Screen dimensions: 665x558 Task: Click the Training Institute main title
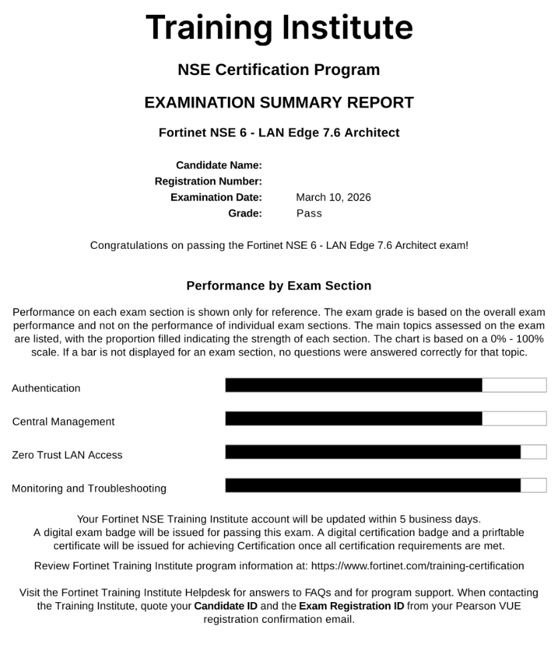(279, 28)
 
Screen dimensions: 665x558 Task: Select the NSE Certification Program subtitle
(279, 70)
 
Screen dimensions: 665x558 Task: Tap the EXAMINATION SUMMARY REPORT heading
(279, 102)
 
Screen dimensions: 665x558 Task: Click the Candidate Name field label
(219, 165)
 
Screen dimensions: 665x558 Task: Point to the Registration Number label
(208, 181)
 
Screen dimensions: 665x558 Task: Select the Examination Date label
(216, 197)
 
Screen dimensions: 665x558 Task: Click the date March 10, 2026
(333, 197)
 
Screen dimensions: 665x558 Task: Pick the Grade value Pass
(309, 213)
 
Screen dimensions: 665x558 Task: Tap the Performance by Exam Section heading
(279, 286)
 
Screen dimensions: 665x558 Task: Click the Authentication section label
(46, 388)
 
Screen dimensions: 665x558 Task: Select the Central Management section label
(63, 421)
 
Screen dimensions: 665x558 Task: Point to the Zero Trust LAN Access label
(67, 455)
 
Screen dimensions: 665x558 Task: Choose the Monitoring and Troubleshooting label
(89, 488)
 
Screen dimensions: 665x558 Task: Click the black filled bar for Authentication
(354, 385)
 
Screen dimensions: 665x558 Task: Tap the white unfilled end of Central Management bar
(514, 418)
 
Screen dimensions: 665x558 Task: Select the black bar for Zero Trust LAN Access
(373, 452)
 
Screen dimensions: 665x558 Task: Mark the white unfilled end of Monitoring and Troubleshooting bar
(533, 485)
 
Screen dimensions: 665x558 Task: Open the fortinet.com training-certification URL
(418, 566)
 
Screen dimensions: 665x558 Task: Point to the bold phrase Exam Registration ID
(352, 606)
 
